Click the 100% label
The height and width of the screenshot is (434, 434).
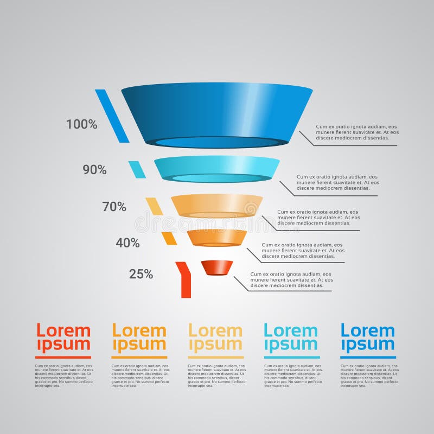click(82, 124)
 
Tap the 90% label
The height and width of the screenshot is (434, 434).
click(94, 170)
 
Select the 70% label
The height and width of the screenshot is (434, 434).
click(114, 207)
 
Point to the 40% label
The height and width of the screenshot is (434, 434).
click(127, 243)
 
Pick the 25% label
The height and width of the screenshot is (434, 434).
click(141, 274)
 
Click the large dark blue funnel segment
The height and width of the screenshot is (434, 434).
click(217, 111)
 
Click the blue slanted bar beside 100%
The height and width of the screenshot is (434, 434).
click(112, 116)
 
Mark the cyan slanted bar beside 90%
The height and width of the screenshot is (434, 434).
click(137, 169)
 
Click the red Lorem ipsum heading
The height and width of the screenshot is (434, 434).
click(63, 337)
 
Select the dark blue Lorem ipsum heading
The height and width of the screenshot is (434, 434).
click(368, 337)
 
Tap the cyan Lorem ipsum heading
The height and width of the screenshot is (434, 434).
click(291, 337)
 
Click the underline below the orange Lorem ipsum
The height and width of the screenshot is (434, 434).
click(139, 357)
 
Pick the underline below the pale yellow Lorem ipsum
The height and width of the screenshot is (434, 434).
click(216, 357)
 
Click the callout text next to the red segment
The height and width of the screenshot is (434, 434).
click(291, 279)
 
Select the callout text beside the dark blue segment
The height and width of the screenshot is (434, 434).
click(357, 132)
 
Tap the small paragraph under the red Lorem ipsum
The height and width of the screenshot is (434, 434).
click(63, 375)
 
